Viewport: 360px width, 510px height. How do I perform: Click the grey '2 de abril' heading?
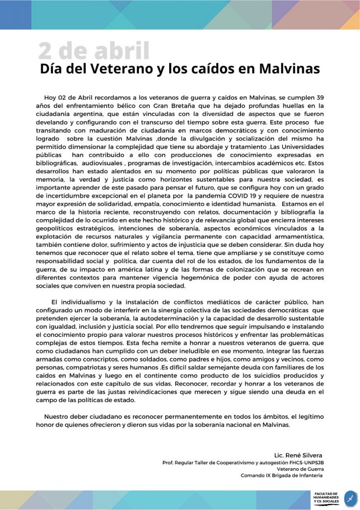click(94, 51)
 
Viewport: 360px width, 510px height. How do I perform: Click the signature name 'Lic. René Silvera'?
click(298, 455)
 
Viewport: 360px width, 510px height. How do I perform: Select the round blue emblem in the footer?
click(351, 498)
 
